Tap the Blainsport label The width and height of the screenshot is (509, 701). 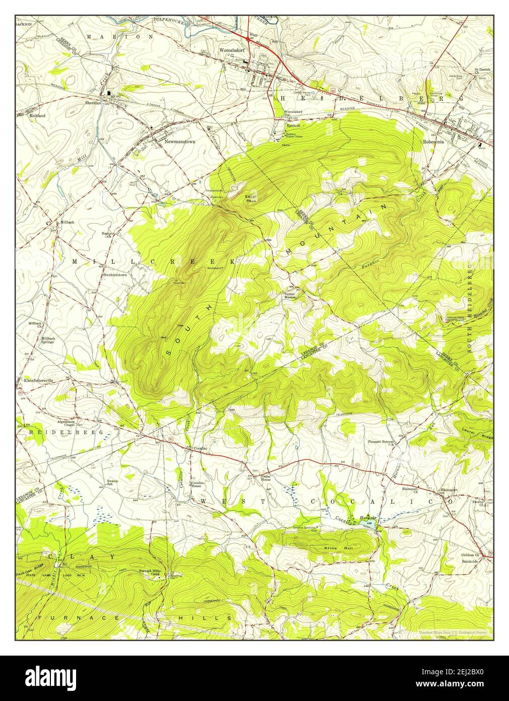[449, 489]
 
